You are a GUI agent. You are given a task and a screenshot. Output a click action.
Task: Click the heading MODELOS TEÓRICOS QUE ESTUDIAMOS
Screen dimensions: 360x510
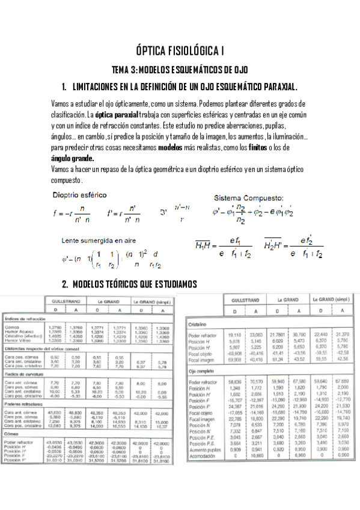[144, 283]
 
